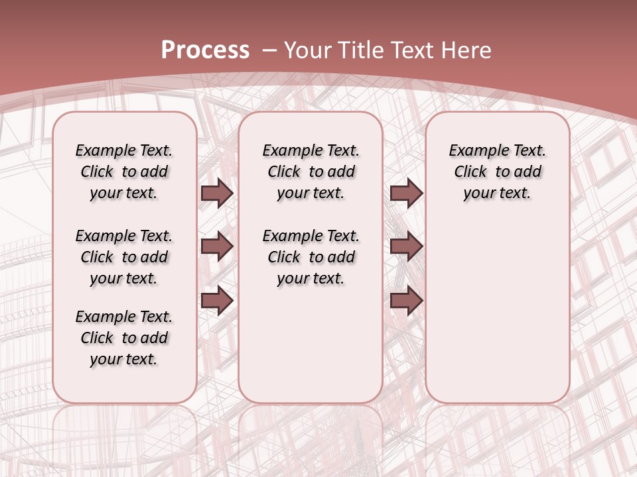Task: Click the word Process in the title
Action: pos(205,50)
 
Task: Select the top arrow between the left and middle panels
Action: pos(217,193)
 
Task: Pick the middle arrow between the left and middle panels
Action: pos(217,247)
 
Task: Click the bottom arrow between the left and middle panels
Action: pos(217,301)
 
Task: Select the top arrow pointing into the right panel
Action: pos(406,193)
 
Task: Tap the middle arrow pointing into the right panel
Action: pos(406,247)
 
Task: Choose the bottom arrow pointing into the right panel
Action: pos(406,301)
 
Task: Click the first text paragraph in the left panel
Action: pos(124,172)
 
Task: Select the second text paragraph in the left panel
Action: pos(124,257)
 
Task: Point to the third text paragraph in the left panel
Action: pos(124,338)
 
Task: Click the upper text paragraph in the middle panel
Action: pos(311,172)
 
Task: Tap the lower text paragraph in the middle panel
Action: pos(311,257)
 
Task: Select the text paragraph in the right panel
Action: pos(497,172)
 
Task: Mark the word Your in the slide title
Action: pos(309,50)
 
